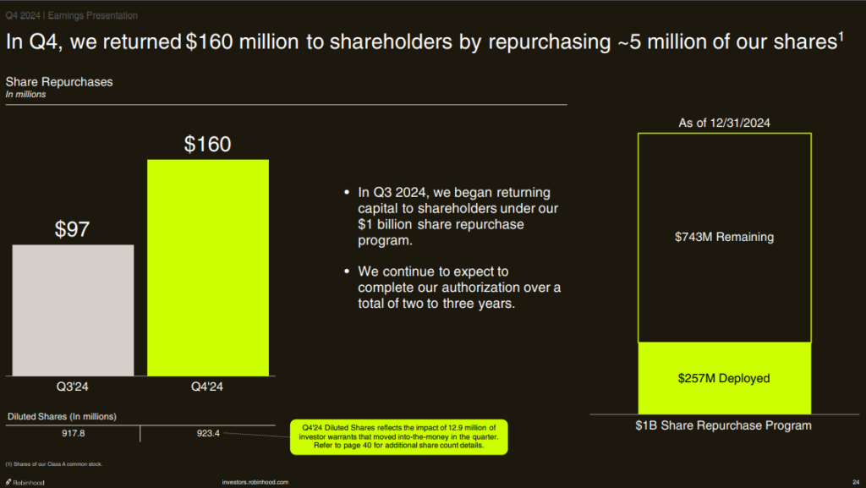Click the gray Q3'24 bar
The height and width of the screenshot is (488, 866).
73,310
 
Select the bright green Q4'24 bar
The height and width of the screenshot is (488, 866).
208,267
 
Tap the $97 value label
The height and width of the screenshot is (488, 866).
73,229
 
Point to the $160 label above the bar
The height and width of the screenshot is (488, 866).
207,145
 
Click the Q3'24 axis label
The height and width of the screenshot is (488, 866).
73,387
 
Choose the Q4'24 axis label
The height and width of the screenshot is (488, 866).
207,387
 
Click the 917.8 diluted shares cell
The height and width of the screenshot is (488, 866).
73,433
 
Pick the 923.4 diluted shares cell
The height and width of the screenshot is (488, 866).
207,433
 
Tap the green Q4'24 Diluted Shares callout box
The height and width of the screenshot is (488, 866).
398,436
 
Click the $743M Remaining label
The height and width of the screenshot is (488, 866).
724,238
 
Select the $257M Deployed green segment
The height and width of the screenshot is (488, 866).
724,378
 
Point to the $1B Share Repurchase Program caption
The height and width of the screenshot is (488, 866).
723,425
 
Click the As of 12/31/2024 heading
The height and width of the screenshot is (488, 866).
725,123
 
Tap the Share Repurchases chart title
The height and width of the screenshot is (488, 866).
59,82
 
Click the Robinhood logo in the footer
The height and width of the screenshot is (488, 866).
25,482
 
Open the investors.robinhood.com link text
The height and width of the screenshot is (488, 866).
255,482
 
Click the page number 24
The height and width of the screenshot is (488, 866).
856,482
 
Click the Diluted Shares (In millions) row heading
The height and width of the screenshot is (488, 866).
62,416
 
